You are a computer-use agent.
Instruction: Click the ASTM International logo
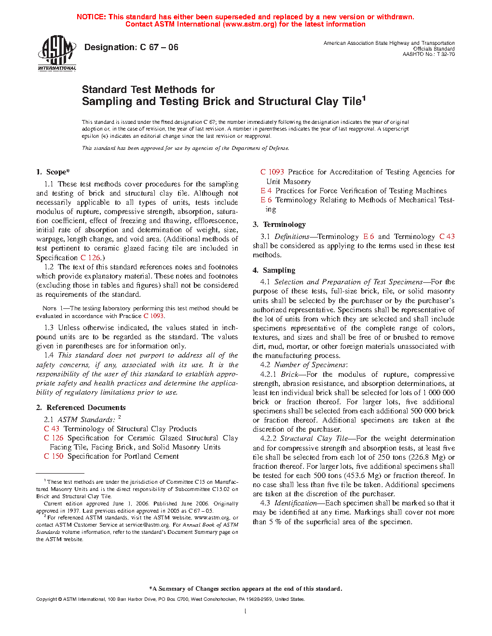pos(57,53)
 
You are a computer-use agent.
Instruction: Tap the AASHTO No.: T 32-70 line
pos(428,54)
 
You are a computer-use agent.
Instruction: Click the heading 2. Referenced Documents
pos(81,408)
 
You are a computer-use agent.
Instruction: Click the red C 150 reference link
pos(54,456)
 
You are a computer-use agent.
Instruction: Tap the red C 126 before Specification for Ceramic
pos(54,438)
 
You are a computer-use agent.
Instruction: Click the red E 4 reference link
pos(266,191)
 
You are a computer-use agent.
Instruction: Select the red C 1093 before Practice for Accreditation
pos(272,172)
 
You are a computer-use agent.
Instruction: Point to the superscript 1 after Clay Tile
pos(364,98)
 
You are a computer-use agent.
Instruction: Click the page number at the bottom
pos(246,611)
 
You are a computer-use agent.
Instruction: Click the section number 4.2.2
pos(268,438)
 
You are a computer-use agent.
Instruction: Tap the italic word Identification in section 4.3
pos(295,503)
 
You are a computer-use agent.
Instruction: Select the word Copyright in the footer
pos(46,599)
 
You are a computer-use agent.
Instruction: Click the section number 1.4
pos(49,355)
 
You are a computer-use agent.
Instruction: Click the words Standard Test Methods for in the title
pos(148,90)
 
